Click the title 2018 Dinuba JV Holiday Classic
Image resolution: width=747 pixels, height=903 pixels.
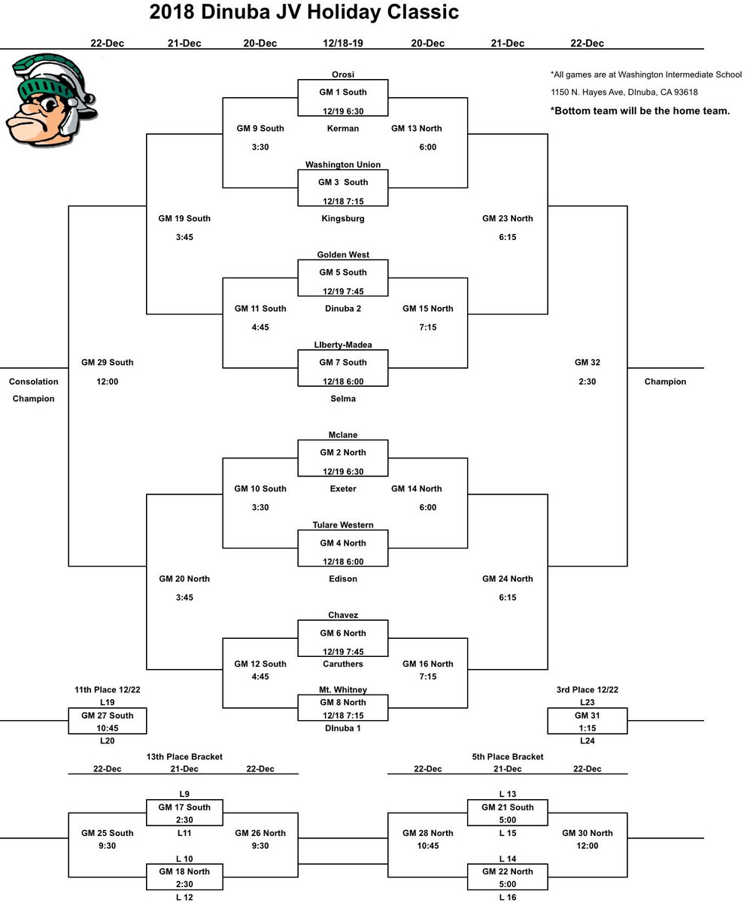(304, 13)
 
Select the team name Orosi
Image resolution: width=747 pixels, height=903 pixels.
(343, 74)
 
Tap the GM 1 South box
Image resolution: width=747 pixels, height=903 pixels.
(343, 98)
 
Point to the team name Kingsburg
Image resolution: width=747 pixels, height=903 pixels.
(343, 219)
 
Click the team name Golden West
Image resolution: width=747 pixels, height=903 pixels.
(343, 255)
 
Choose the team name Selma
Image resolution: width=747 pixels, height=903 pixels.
(343, 399)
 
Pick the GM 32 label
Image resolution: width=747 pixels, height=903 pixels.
(587, 363)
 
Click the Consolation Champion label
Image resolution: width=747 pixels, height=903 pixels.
(34, 390)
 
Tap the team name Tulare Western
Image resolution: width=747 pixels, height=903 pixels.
(343, 525)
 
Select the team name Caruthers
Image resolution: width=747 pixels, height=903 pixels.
(343, 664)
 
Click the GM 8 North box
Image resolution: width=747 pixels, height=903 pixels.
(343, 708)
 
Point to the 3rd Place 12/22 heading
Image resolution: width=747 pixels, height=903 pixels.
(587, 689)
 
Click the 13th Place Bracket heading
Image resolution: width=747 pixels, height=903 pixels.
(184, 757)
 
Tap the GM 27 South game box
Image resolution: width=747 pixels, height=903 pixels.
(108, 721)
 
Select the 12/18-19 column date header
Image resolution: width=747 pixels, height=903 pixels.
(343, 44)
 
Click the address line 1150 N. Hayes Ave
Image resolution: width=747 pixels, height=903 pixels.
(624, 93)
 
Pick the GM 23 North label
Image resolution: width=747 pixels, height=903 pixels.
(508, 219)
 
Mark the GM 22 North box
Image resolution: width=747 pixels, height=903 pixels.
(508, 878)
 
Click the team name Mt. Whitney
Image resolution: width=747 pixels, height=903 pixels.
(343, 690)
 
